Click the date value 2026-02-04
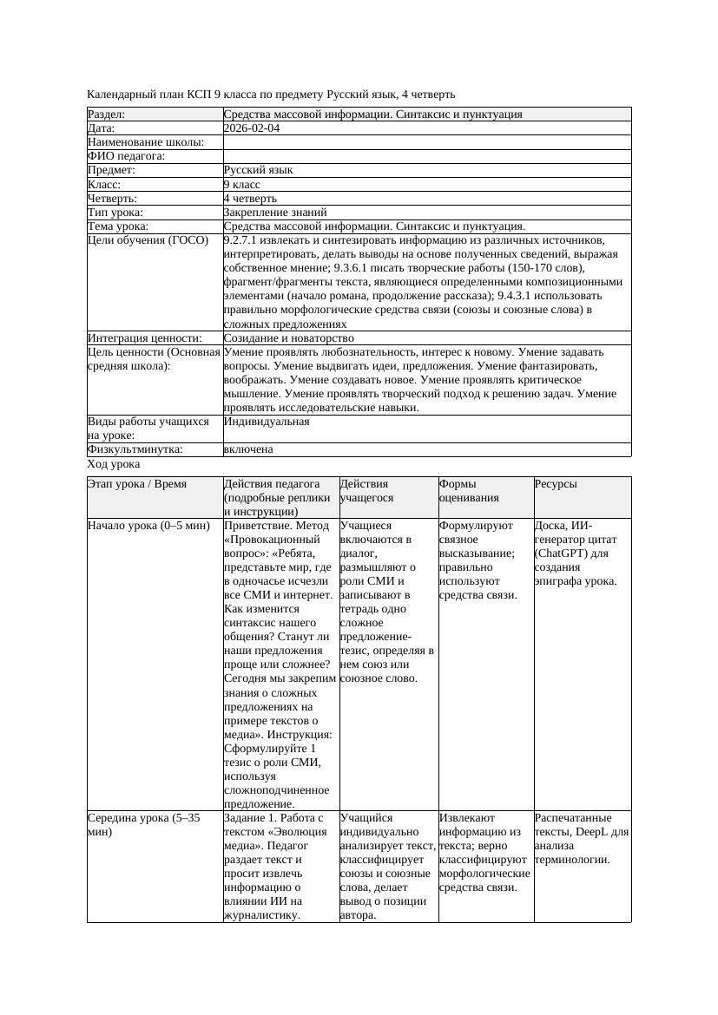point(252,128)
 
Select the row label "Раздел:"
point(107,115)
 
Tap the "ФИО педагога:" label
point(127,156)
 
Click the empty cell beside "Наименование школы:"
point(425,142)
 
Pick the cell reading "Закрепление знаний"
point(275,212)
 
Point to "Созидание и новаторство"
point(288,338)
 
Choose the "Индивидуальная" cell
point(267,422)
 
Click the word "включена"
point(248,449)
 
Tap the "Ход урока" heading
point(114,464)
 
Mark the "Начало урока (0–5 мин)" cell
point(149,526)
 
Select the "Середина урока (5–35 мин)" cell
point(145,824)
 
